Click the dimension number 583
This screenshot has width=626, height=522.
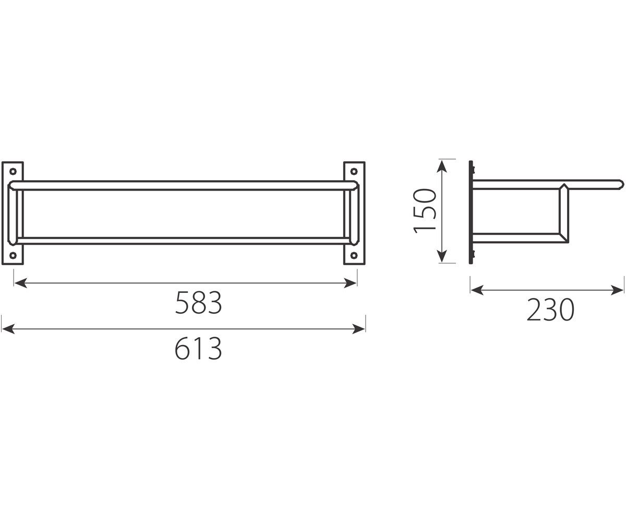[x=198, y=302]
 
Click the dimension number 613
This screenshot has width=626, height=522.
[x=198, y=348]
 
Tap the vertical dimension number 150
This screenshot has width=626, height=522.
[x=425, y=210]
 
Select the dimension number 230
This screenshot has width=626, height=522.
[x=550, y=310]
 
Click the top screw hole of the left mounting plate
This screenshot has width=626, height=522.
[x=13, y=171]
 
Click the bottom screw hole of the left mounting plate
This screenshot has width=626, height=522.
[x=13, y=255]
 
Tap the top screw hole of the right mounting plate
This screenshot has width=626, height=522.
[x=354, y=171]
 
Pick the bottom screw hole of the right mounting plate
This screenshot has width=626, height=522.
[x=354, y=255]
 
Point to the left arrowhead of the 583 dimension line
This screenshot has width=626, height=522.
[x=21, y=283]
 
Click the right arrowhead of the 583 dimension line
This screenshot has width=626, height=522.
[x=350, y=283]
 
